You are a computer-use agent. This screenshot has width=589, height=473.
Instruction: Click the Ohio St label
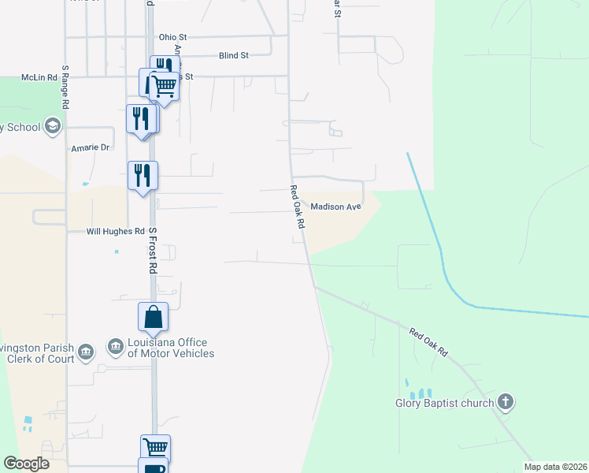point(172,36)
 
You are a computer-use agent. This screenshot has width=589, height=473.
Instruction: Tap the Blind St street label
point(234,56)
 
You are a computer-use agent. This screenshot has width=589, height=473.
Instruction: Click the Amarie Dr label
point(92,147)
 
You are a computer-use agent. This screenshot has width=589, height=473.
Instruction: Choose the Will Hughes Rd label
point(116,232)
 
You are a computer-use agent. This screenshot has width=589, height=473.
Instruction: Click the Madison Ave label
point(335,207)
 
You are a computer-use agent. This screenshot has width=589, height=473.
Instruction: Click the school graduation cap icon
point(53,126)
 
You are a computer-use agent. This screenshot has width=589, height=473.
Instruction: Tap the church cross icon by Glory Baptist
point(506,403)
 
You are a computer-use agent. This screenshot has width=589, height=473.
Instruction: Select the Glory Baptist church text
point(444,404)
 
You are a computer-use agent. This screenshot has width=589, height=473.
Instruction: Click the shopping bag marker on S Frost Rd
point(153,317)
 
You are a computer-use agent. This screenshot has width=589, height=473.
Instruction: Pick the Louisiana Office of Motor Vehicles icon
point(116,348)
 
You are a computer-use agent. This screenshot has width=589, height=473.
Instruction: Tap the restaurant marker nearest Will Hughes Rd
point(143,175)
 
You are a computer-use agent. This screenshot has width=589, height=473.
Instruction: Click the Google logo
point(26,464)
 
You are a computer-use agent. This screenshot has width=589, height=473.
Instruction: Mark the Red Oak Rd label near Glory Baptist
point(428,341)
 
